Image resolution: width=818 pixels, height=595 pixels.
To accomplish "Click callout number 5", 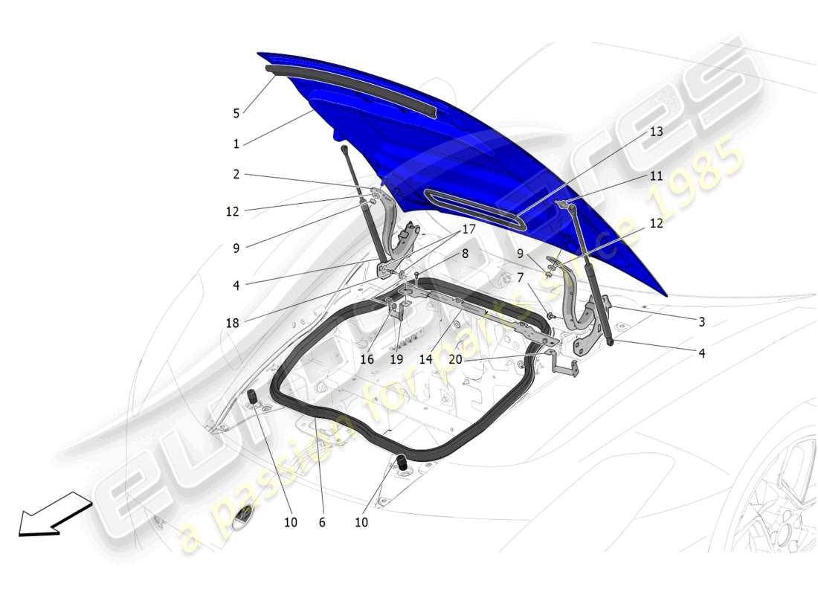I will (236, 114).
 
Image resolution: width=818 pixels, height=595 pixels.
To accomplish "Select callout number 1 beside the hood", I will (236, 144).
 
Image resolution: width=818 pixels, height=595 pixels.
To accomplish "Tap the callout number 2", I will (236, 175).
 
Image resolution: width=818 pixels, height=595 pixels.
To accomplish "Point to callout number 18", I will (232, 323).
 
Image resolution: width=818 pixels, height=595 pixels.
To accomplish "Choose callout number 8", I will (465, 253).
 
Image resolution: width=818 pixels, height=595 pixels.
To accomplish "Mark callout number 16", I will (367, 358).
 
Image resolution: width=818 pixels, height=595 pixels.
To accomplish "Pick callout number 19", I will (396, 358).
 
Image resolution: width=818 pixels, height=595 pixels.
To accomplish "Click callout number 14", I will (425, 358).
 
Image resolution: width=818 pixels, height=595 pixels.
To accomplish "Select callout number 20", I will (455, 358).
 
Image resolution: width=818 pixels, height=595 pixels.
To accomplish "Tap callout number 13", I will (656, 132).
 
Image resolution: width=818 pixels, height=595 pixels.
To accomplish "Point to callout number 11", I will (656, 176).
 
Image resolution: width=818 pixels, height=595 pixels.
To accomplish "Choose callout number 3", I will (701, 322).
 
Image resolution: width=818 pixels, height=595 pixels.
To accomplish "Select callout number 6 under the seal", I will (322, 522).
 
